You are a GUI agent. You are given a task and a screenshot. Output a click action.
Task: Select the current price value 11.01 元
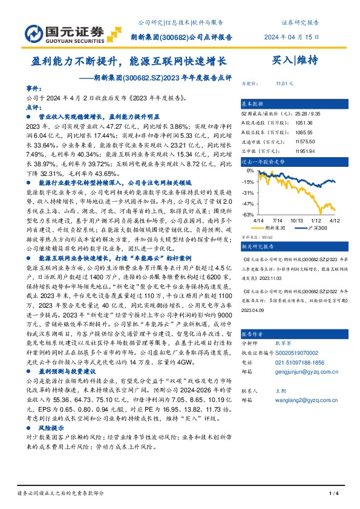coord(284,83)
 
